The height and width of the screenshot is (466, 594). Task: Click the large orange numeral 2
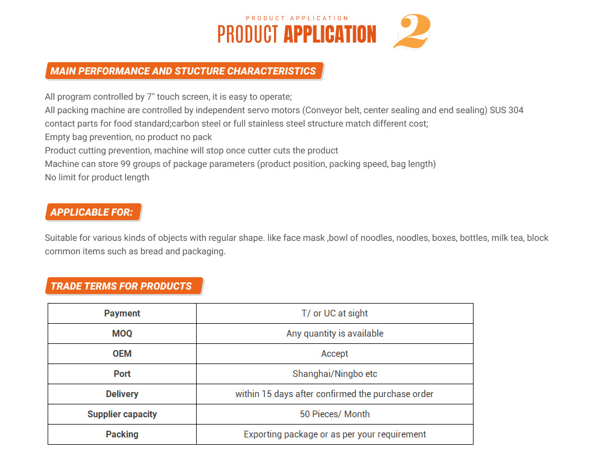(x=412, y=32)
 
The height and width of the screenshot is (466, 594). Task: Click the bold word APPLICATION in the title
(x=330, y=35)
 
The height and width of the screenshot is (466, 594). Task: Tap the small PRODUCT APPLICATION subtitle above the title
(x=297, y=18)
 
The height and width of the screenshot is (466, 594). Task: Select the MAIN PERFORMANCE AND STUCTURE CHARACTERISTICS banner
(x=183, y=71)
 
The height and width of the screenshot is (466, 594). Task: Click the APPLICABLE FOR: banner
(x=92, y=212)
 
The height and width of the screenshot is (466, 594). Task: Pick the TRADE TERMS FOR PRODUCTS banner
(x=122, y=286)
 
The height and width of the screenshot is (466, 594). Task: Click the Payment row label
(x=122, y=314)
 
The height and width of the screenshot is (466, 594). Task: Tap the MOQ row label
(x=122, y=334)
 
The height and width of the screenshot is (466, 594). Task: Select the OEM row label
(x=122, y=354)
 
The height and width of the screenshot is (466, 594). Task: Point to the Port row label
(x=122, y=374)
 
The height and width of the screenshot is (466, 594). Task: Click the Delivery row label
(x=122, y=394)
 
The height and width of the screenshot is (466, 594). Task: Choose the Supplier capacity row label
(x=122, y=414)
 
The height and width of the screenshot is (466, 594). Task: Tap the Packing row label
(x=122, y=435)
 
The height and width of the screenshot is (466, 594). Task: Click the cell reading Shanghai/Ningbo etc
(x=335, y=374)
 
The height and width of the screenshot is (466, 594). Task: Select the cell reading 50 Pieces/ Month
(x=335, y=414)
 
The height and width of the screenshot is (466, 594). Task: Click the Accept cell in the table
(x=335, y=354)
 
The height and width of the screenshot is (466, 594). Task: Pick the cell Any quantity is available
(x=335, y=334)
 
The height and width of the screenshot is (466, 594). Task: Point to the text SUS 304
(x=507, y=110)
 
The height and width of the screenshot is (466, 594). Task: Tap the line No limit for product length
(x=97, y=178)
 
